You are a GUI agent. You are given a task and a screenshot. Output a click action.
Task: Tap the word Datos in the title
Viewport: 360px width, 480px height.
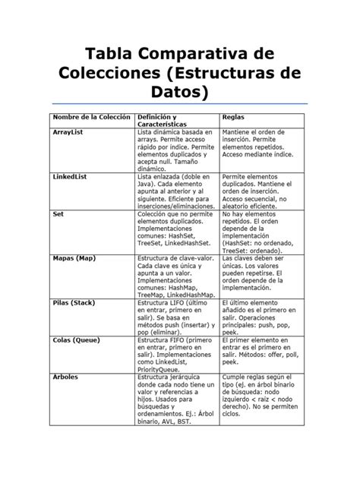click(180, 92)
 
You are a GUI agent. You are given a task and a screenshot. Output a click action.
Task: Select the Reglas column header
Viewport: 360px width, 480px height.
click(232, 117)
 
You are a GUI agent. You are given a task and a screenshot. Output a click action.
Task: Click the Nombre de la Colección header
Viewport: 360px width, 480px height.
click(90, 117)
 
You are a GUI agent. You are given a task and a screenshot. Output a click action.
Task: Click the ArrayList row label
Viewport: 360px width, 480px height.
click(68, 132)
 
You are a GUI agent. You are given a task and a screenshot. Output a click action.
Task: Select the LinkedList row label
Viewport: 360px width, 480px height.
click(70, 176)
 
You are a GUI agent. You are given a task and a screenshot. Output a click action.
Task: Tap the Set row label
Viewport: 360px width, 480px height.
click(58, 214)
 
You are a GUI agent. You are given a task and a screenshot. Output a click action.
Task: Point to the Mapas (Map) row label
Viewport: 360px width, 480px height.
click(74, 257)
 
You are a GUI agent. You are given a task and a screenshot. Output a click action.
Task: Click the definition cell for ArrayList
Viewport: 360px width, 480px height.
click(174, 150)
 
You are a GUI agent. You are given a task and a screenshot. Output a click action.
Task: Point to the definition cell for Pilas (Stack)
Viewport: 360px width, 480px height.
click(174, 317)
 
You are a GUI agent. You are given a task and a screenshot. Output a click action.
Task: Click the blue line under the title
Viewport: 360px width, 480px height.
click(180, 103)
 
